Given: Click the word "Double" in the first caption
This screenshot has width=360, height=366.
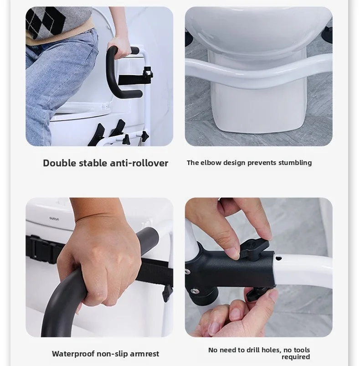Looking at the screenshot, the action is pos(60,163).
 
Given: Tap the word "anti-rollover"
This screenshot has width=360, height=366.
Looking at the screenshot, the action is pos(139,163).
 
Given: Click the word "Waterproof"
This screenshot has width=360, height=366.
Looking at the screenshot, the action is pos(73,354).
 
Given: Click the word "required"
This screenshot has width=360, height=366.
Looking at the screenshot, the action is pos(296,357).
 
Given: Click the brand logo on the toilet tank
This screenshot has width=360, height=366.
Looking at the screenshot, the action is pos(54,219).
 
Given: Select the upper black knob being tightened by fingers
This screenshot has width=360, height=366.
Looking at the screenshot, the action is pos(254,248).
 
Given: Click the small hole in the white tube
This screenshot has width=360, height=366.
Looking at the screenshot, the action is pos(278,258).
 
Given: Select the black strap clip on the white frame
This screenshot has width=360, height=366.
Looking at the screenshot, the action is pos(148,73).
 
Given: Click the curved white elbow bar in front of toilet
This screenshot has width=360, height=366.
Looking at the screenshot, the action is pos(258,70).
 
